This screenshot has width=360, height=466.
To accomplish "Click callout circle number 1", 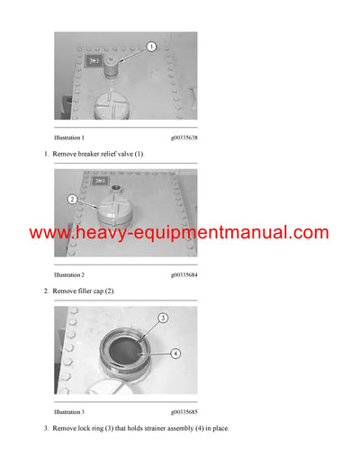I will (x=151, y=47).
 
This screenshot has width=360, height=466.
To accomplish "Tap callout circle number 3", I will (x=163, y=318).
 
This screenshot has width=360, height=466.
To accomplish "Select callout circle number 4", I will (x=175, y=354).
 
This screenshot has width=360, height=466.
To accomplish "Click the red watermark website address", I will (x=179, y=233).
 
